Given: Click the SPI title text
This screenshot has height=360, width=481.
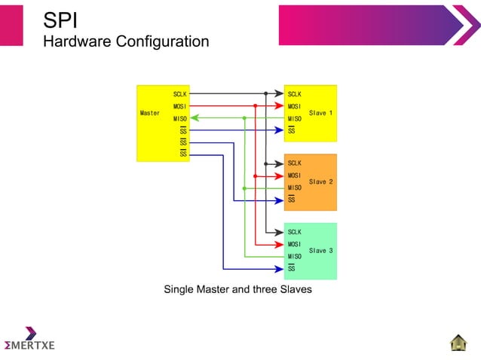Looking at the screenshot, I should pos(60,18).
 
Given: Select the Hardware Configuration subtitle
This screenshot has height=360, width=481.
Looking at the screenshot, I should pos(126,41).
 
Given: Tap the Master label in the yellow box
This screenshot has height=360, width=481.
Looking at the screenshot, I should pos(150,113).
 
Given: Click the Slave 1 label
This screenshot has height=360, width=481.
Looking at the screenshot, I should pos(321,113).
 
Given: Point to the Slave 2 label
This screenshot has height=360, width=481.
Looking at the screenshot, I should pos(321,182).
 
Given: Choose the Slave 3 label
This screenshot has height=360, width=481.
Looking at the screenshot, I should pos(321,251).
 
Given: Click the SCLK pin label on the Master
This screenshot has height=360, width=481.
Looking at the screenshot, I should pos(180,94).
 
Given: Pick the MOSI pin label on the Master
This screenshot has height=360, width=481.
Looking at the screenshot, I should pos(180,106).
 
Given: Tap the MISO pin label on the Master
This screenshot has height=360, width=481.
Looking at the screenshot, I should pos(180,118).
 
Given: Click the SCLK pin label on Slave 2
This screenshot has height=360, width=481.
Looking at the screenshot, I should pos(295,163).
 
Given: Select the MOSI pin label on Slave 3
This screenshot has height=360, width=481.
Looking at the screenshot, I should pos(295,245).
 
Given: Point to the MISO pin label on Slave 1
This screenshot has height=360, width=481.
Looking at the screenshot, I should pos(295,118).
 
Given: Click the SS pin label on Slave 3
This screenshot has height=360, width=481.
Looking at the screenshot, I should pos(292,268).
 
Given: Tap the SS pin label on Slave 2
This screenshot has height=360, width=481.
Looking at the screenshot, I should pos(292,200).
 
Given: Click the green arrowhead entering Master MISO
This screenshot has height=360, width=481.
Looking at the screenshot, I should pos(195,118).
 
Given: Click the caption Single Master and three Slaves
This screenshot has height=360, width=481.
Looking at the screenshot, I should pos(237,289).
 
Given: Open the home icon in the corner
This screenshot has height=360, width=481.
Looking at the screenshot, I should pos(458,342).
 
